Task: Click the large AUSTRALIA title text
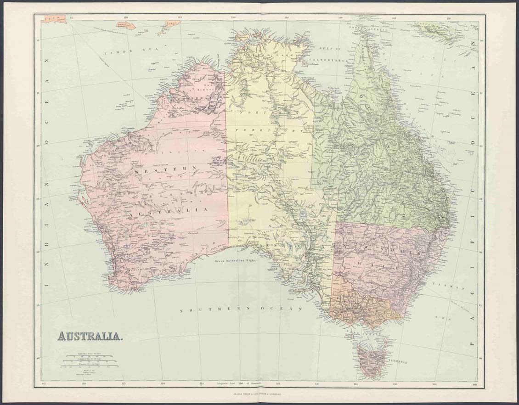pyautogui.click(x=90, y=336)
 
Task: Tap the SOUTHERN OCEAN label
pyautogui.click(x=241, y=310)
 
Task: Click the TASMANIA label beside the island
pyautogui.click(x=397, y=362)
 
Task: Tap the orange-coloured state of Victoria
pyautogui.click(x=363, y=305)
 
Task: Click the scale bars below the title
pyautogui.click(x=90, y=361)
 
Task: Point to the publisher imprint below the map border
pyautogui.click(x=259, y=394)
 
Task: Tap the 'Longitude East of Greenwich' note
pyautogui.click(x=239, y=382)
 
